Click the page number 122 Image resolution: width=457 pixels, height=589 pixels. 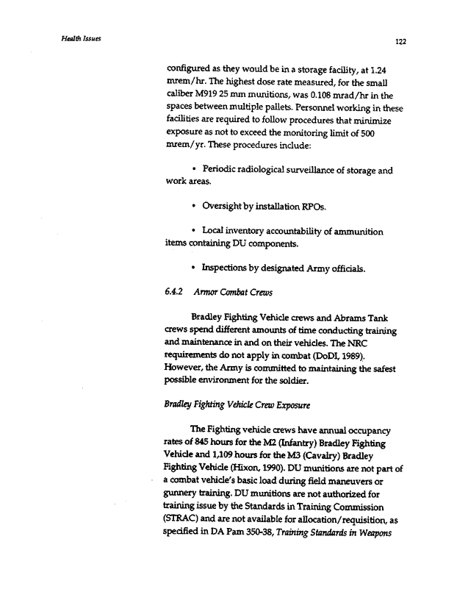point(400,42)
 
